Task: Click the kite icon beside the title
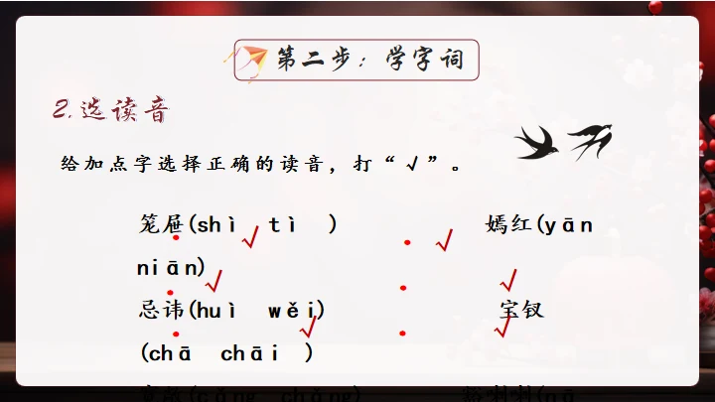tap(255, 59)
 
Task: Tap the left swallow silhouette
tap(536, 143)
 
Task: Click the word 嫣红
tap(509, 224)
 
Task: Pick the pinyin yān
tap(571, 225)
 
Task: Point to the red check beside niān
tap(213, 282)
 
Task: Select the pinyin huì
tap(216, 311)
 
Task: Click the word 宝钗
tap(522, 310)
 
